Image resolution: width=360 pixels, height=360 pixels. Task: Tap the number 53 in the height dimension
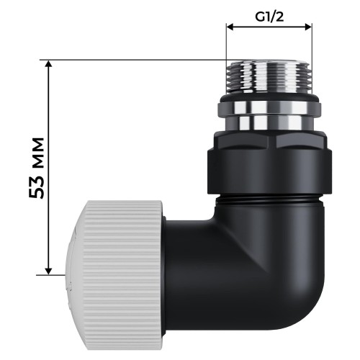42,186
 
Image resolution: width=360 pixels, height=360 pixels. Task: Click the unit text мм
42,152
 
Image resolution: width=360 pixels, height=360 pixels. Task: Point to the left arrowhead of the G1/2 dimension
230,27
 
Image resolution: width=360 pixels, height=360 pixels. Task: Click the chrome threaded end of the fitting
269,75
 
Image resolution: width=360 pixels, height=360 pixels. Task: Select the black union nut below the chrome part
269,170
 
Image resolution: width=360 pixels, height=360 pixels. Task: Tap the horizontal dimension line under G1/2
269,27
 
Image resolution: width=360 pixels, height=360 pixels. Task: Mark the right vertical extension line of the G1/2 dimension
312,43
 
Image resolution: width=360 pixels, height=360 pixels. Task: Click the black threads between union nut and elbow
269,196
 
